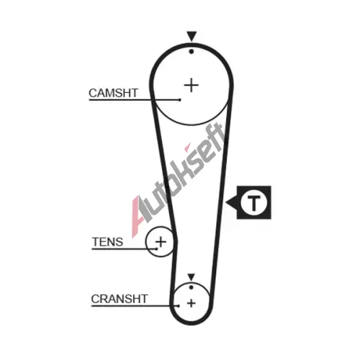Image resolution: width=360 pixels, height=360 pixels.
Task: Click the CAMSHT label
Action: coord(113,93)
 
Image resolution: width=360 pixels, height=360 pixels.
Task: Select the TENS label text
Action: coord(107,242)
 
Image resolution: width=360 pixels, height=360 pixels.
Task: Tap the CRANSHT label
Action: coord(120,299)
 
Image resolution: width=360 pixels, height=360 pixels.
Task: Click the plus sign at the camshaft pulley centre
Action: coord(192,85)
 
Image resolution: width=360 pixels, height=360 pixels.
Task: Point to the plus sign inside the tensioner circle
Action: coord(161,241)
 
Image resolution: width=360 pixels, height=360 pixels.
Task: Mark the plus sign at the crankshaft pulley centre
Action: coord(192,303)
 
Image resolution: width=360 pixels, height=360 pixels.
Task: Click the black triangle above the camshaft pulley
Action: coord(192,36)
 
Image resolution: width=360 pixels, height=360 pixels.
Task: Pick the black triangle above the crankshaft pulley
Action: coord(191,277)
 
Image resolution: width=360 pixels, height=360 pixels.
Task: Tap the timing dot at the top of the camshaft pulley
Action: coord(192,51)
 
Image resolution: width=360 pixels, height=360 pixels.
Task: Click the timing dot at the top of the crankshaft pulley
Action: coord(191,287)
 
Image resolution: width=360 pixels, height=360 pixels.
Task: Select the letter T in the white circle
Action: coord(253,202)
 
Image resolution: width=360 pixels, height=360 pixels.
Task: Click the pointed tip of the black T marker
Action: coord(226,202)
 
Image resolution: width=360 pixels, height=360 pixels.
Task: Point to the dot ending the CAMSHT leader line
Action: coord(180,100)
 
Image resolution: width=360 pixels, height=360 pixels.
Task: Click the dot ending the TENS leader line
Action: coord(157,249)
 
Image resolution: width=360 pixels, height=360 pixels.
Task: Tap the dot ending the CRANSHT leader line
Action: coord(179,306)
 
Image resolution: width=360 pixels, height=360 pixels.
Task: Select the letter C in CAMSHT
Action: coord(93,93)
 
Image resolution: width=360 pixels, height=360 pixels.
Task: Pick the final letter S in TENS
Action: coord(120,242)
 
